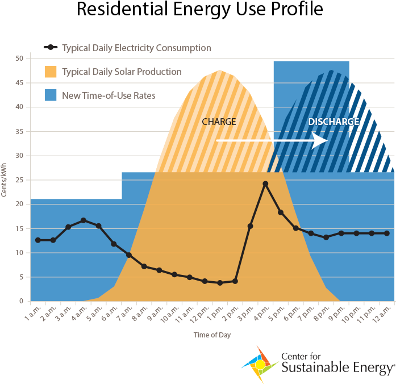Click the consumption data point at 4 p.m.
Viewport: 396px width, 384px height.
click(x=265, y=184)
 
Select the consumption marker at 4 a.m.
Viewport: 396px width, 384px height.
click(x=84, y=220)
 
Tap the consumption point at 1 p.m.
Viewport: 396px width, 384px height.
click(x=220, y=283)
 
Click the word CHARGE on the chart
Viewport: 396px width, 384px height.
click(x=219, y=122)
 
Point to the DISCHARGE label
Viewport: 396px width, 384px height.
click(x=334, y=122)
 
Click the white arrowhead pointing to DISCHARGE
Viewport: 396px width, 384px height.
click(x=320, y=140)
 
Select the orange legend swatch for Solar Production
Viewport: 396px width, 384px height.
click(x=51, y=72)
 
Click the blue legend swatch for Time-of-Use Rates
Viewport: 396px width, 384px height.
click(x=51, y=95)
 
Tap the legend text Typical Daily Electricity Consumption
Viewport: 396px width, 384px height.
click(x=136, y=48)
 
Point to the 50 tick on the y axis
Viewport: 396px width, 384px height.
click(x=19, y=59)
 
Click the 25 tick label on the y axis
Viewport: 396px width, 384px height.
click(x=19, y=180)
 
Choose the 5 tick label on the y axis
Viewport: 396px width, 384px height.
click(x=21, y=277)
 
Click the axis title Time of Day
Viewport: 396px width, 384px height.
click(x=212, y=335)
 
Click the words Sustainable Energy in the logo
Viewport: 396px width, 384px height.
click(x=337, y=369)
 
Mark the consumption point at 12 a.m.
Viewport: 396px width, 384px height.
click(x=387, y=233)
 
